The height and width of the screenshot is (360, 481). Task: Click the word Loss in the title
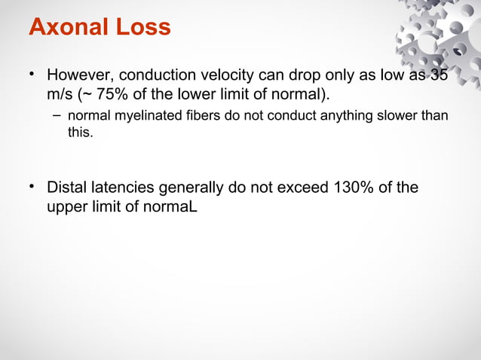144,27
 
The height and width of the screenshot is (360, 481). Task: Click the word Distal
69,188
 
